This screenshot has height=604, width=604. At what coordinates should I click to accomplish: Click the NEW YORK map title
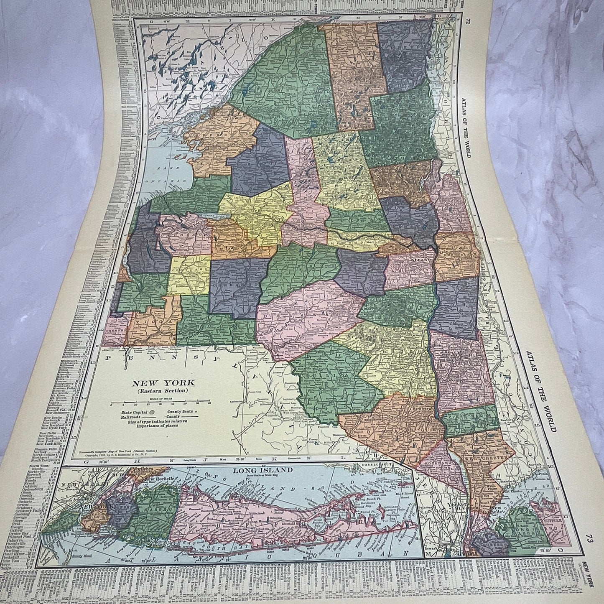(x=161, y=382)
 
